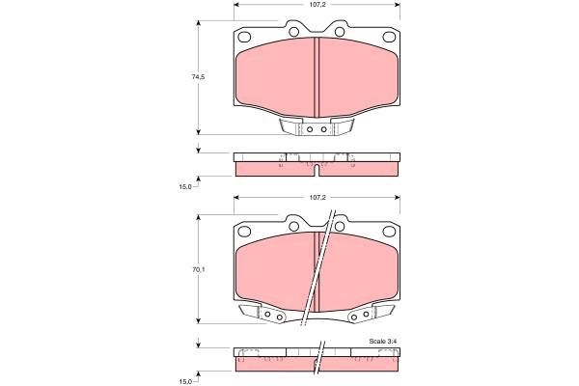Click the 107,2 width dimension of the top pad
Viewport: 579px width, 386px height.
coord(317,4)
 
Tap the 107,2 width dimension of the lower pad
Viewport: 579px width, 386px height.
coord(317,198)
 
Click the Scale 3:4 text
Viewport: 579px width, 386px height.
coord(383,340)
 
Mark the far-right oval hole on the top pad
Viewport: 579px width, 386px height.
coord(390,37)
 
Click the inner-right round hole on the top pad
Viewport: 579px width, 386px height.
coord(339,31)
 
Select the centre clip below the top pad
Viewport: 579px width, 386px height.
coord(317,128)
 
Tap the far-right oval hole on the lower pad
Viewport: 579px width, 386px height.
coord(390,231)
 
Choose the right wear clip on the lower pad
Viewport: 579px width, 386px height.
coord(372,314)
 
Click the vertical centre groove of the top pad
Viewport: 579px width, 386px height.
coord(317,77)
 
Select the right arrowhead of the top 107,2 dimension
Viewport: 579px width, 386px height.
coord(397,4)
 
